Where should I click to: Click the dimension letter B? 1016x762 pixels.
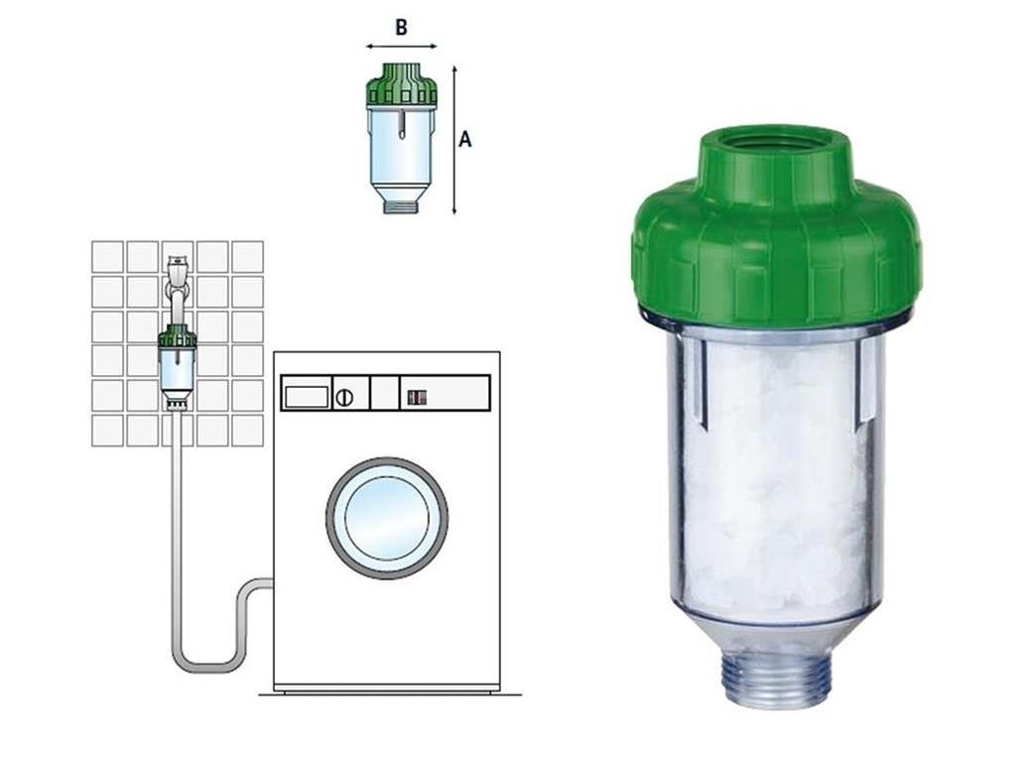[401, 28]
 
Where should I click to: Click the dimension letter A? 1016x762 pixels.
[464, 139]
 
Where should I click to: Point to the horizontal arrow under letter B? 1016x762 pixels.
[401, 46]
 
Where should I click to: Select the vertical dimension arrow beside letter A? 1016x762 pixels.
[454, 139]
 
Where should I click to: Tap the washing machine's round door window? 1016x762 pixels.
[387, 518]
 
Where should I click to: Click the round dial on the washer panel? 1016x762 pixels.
[344, 397]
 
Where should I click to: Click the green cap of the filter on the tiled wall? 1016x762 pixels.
[178, 335]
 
